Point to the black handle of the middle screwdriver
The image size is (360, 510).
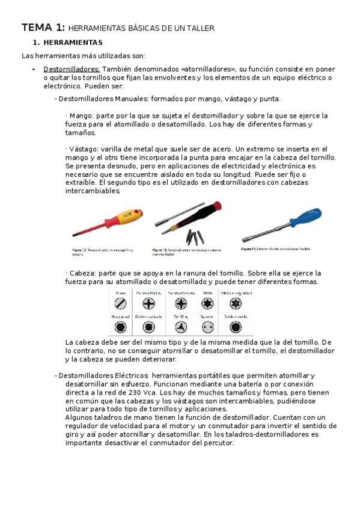coord(203,214)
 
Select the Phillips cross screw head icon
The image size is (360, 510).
coord(148,304)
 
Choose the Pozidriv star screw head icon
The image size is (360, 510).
coord(179,304)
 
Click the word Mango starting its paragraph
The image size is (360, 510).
coord(79,115)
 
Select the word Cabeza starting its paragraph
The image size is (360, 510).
coord(81,272)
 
